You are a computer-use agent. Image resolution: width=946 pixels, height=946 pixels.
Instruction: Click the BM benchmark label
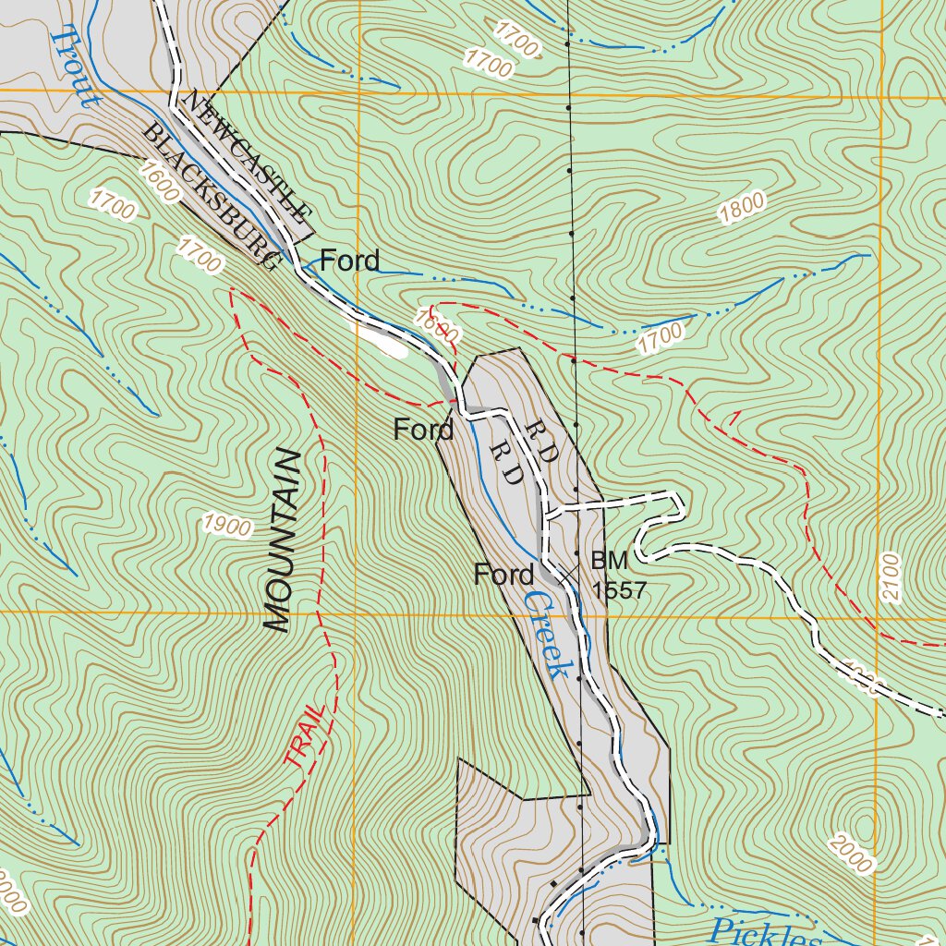coord(610,560)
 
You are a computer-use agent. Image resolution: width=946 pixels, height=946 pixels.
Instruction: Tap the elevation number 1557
coord(619,590)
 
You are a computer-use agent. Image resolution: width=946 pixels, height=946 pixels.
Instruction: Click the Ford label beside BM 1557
coord(503,575)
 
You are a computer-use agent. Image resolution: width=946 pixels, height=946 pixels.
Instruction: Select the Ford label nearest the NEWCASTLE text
coord(349,261)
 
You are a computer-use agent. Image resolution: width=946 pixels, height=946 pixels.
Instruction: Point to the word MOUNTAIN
coord(284,541)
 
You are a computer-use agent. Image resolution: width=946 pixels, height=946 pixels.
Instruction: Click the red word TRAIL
coord(306,735)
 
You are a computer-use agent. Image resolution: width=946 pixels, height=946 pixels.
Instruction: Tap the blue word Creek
coord(543,636)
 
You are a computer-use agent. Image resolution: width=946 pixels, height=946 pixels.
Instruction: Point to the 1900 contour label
coord(228,527)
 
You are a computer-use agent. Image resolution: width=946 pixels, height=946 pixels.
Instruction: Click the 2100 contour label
coord(890,578)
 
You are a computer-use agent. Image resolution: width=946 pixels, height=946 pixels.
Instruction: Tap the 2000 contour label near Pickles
coord(851,853)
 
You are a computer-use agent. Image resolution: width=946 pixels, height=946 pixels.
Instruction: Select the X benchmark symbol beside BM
coord(567,573)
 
